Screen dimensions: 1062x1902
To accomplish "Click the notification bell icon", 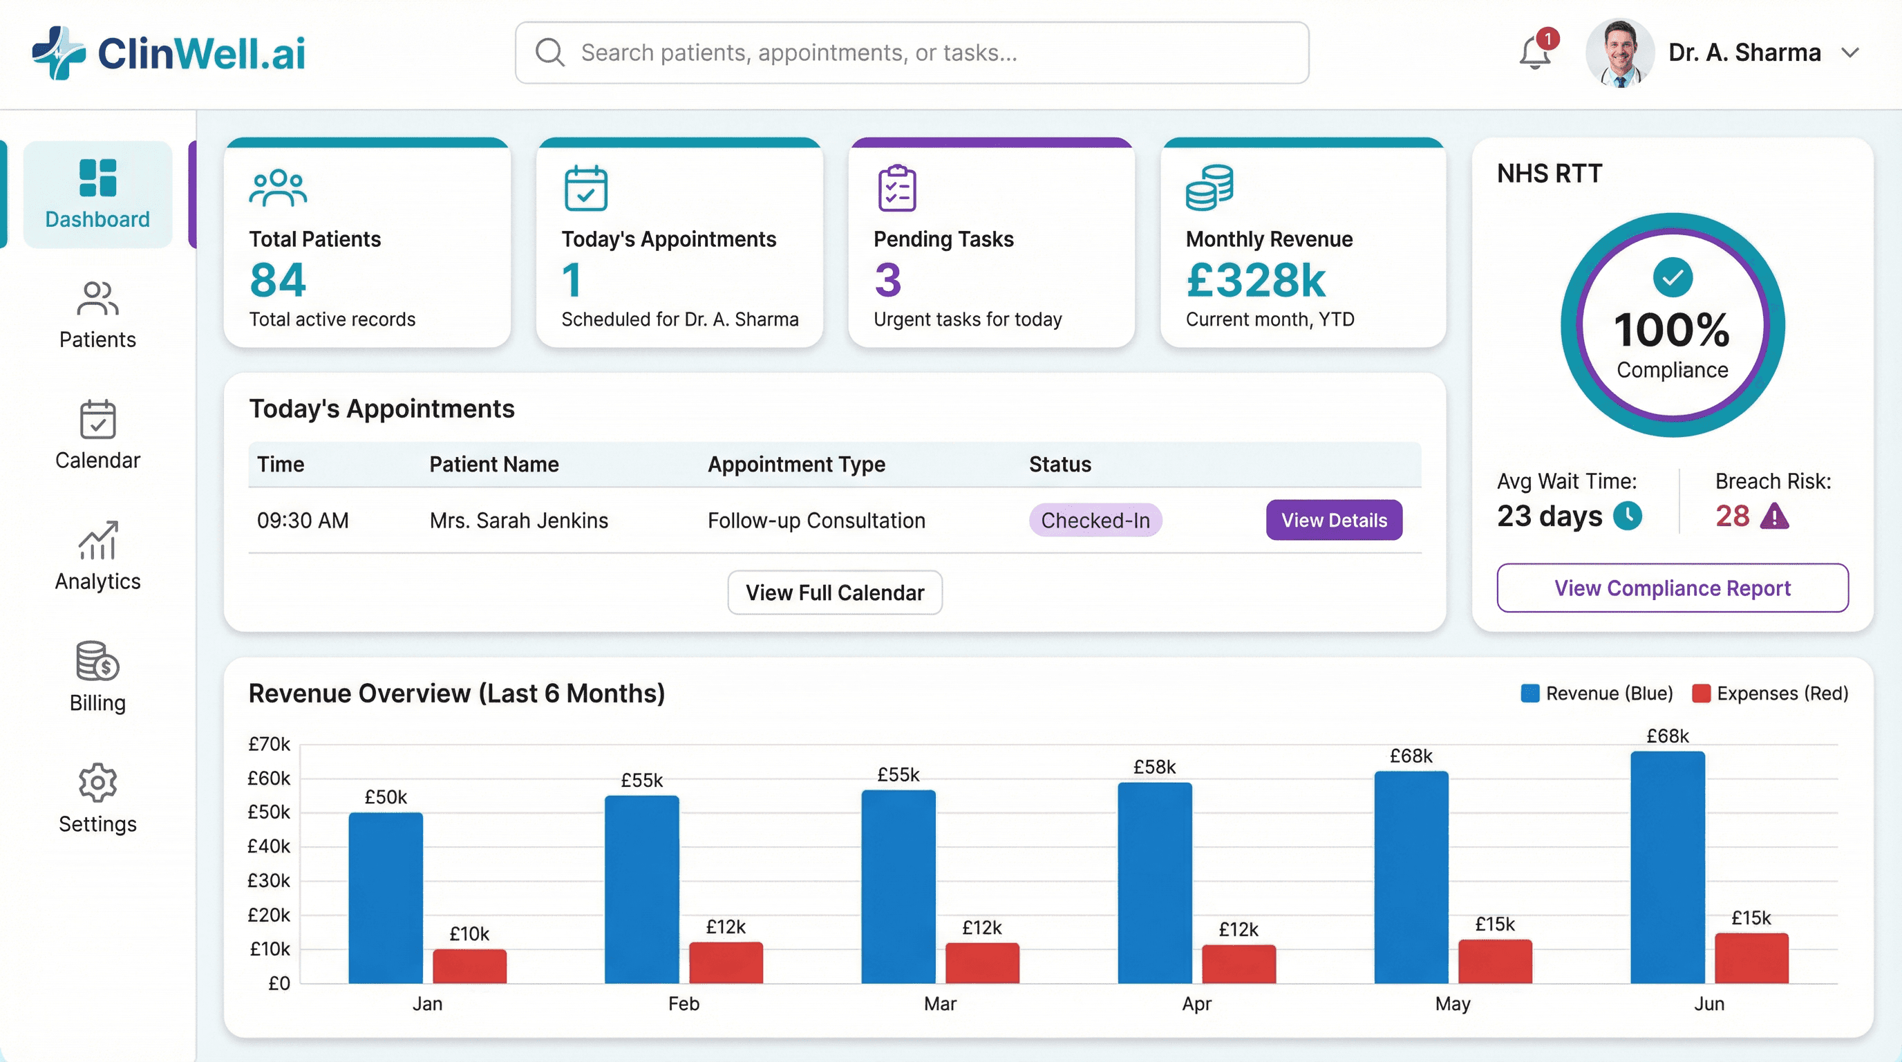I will [x=1534, y=53].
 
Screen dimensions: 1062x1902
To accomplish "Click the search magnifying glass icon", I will [x=549, y=53].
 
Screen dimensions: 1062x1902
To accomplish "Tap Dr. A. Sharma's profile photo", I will [x=1619, y=53].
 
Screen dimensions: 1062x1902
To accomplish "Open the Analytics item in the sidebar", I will [x=97, y=555].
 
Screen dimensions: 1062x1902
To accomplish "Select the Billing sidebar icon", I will [x=97, y=660].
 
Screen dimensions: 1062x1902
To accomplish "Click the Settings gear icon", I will [x=97, y=782].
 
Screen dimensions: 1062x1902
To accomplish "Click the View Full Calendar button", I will [x=834, y=593].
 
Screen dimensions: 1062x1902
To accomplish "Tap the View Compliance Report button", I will [x=1672, y=588].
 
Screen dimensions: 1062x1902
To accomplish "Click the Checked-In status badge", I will [x=1095, y=520].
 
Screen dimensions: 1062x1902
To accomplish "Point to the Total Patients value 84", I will [x=278, y=280].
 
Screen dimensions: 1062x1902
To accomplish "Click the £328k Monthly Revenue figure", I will [x=1255, y=280].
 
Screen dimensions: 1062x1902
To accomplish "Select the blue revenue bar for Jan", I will [x=386, y=897].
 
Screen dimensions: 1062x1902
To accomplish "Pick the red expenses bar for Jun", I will [x=1751, y=958].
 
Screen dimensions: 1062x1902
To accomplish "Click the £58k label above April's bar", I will [x=1154, y=767].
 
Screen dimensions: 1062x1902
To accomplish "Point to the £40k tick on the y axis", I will [x=269, y=846].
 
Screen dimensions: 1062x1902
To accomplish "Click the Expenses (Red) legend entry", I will [x=1770, y=693].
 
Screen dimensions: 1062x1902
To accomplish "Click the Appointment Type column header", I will [x=796, y=464].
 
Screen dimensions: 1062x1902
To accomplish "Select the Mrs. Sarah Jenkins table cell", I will [x=518, y=520].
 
